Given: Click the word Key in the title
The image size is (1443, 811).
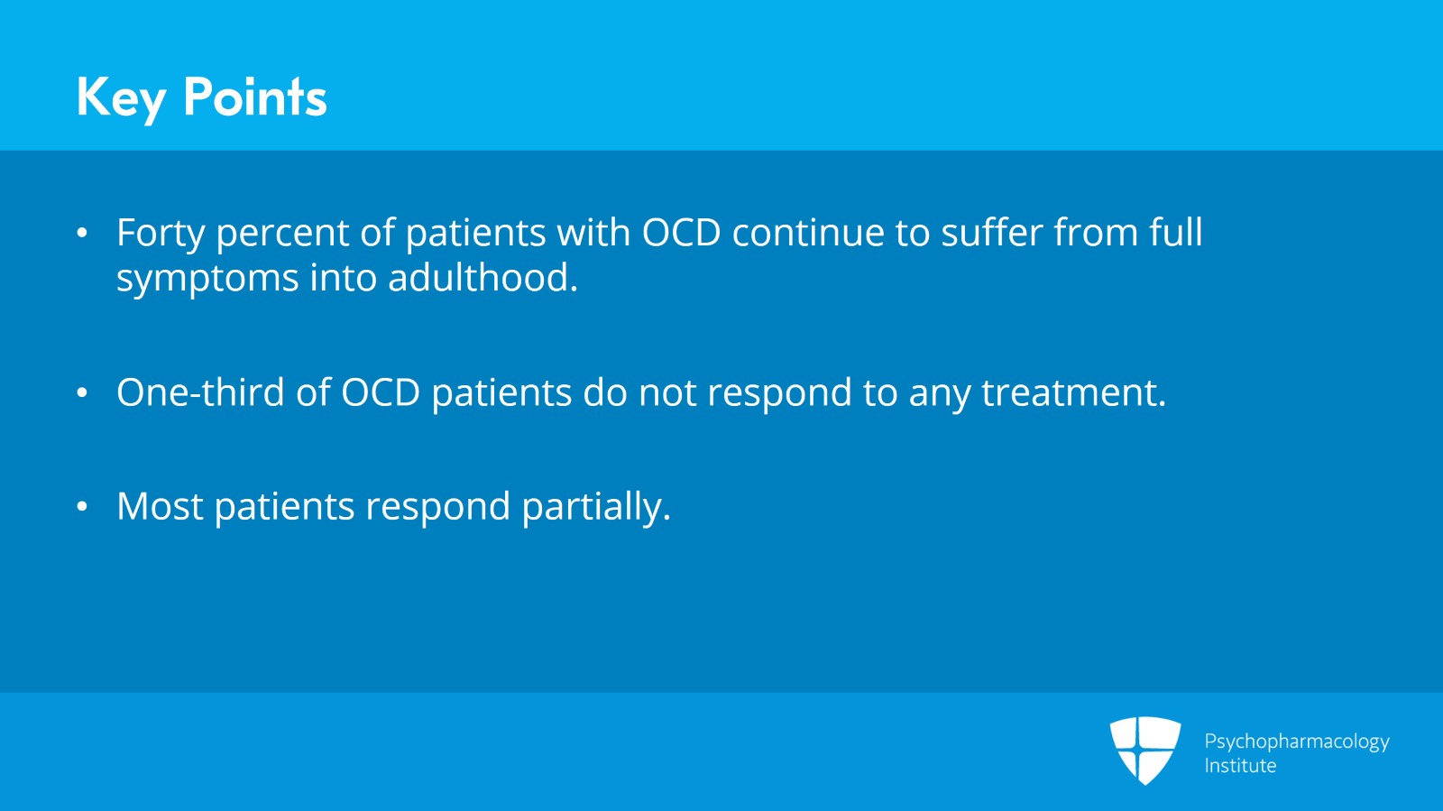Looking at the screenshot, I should pyautogui.click(x=121, y=97).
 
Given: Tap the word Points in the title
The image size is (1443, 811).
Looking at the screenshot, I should pyautogui.click(x=254, y=97).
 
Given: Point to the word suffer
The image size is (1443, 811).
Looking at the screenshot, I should pyautogui.click(x=991, y=233).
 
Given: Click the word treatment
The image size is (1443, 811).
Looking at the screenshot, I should pyautogui.click(x=1073, y=393).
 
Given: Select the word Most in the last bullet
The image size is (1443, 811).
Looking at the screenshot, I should pyautogui.click(x=160, y=506).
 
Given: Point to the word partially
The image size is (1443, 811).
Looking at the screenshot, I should pyautogui.click(x=595, y=508).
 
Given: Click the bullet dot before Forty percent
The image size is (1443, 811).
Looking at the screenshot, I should pyautogui.click(x=82, y=234).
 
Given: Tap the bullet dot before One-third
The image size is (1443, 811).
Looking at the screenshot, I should pyautogui.click(x=82, y=393).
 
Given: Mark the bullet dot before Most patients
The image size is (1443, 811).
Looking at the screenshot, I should pyautogui.click(x=82, y=507).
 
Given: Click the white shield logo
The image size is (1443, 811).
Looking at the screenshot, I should pyautogui.click(x=1144, y=749).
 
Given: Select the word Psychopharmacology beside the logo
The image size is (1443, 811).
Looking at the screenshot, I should pyautogui.click(x=1296, y=742).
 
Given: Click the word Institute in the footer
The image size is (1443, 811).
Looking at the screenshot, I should pyautogui.click(x=1240, y=766).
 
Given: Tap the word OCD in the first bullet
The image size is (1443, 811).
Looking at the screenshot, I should pyautogui.click(x=681, y=233).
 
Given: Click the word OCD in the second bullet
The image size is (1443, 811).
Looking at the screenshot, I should pyautogui.click(x=381, y=392).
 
